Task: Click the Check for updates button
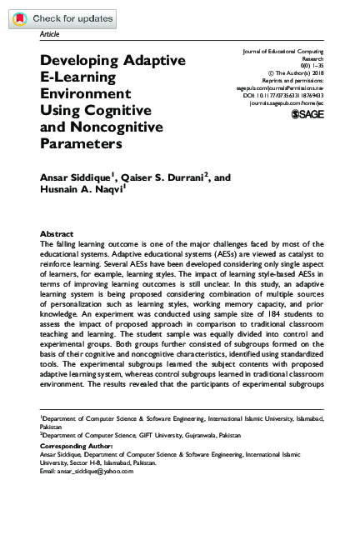point(58,17)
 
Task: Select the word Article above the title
point(50,35)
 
